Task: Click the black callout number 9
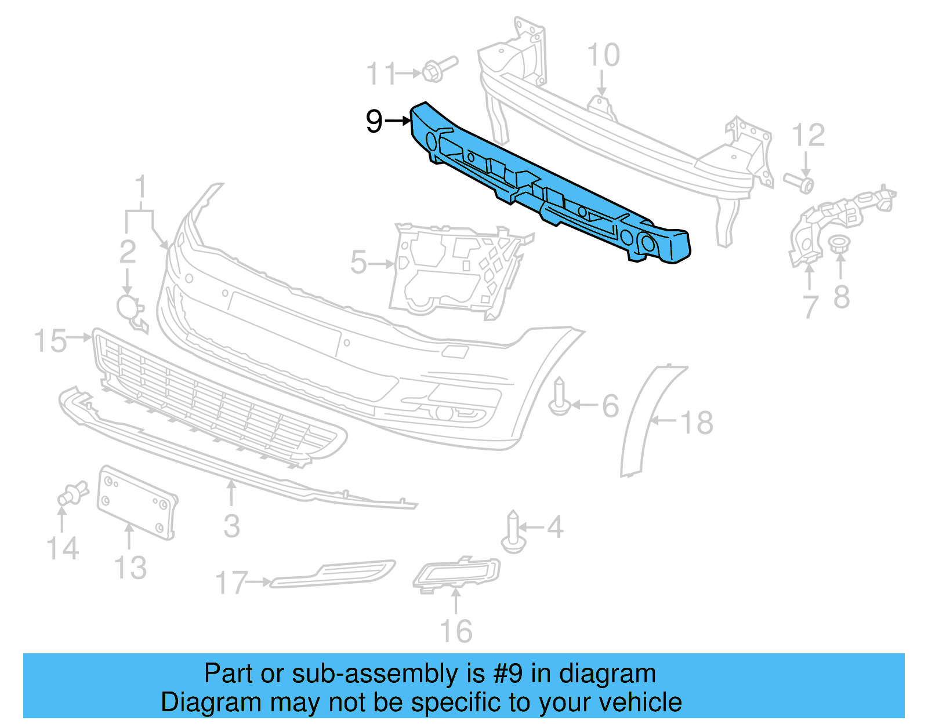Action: (374, 121)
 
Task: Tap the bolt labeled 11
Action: (438, 68)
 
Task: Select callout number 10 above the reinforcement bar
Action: (603, 56)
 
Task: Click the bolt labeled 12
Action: (800, 182)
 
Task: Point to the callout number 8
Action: (842, 297)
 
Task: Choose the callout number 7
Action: (810, 305)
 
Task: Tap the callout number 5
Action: (358, 263)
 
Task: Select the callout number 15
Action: (50, 341)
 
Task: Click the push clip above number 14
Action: (72, 494)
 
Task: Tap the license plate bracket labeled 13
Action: (137, 502)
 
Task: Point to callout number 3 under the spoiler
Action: (231, 526)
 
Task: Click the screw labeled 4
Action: (513, 532)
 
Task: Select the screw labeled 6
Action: (559, 397)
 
